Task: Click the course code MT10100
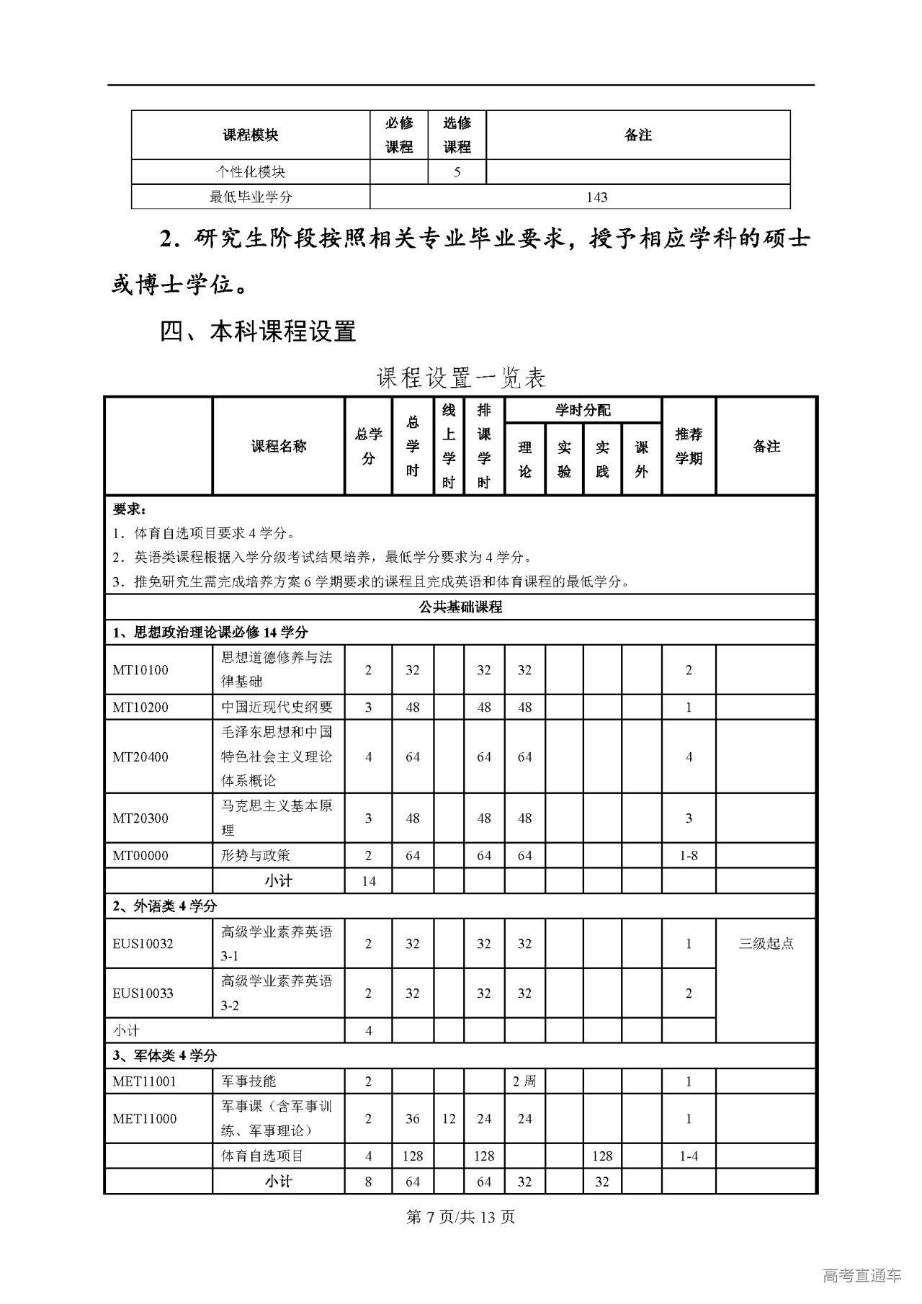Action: [140, 670]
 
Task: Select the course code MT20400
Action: [140, 757]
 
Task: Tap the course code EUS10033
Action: [143, 993]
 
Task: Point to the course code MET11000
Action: [145, 1119]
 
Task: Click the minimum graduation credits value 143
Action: [597, 197]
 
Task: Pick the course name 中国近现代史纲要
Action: [277, 707]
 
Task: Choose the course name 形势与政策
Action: [256, 856]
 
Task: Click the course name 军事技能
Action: [249, 1081]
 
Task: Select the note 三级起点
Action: [766, 944]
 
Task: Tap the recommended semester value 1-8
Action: [689, 856]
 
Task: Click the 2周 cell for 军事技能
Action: [524, 1081]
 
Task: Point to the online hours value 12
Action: [449, 1119]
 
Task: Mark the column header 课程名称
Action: [279, 447]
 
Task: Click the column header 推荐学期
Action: [689, 447]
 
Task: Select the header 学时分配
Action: [583, 410]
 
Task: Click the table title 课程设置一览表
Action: [461, 378]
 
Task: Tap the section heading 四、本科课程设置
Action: [258, 332]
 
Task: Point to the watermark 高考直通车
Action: [861, 1276]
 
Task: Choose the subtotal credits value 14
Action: [368, 881]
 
